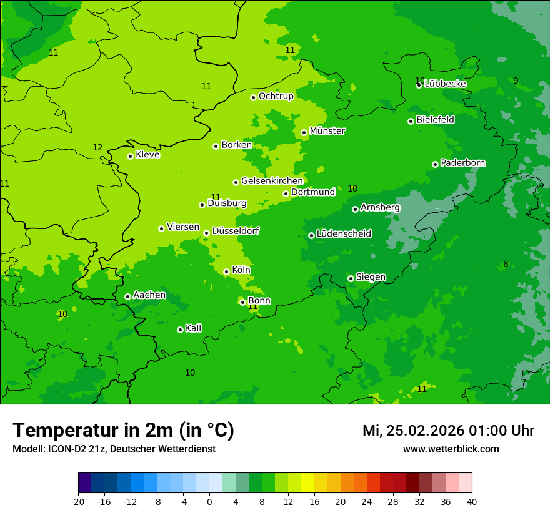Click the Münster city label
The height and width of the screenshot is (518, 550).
(327, 131)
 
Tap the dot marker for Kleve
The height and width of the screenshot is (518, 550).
(130, 156)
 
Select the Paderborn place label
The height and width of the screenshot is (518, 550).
(463, 163)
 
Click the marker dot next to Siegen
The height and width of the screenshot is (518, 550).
(351, 278)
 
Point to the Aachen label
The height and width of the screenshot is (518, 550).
(149, 295)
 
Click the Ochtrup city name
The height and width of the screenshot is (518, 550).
(276, 96)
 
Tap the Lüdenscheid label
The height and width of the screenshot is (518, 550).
(344, 234)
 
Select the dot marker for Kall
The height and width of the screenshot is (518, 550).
(180, 330)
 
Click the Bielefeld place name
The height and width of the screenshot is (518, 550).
(436, 119)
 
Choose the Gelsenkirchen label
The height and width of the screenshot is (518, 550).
(272, 181)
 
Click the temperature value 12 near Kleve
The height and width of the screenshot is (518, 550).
(97, 148)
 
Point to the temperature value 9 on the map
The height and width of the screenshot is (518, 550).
(516, 81)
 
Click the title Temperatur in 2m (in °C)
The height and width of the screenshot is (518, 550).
(123, 430)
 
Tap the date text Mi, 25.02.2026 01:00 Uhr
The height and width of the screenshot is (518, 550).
(448, 431)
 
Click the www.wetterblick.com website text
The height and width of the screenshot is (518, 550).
(451, 449)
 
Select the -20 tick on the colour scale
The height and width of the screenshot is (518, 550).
(78, 501)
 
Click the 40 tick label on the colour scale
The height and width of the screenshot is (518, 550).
(471, 501)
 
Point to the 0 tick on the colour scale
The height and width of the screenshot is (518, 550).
(209, 501)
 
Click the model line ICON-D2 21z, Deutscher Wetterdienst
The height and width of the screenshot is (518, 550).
(114, 449)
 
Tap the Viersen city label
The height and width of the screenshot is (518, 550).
(183, 227)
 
